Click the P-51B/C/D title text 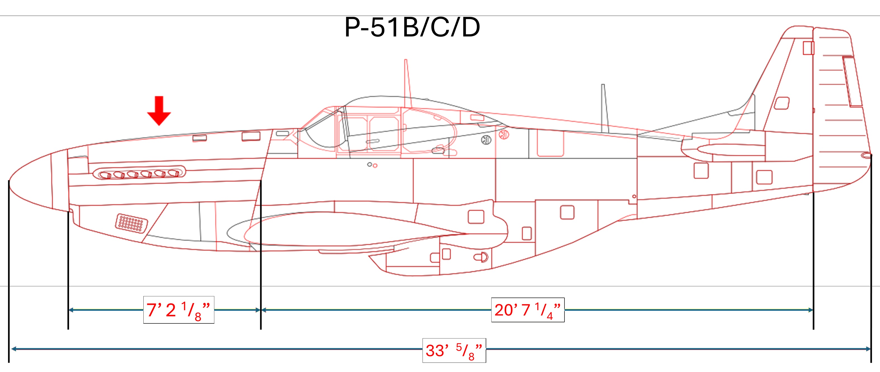coord(412,28)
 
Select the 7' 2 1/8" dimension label coord(178,310)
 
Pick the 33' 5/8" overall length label coord(454,351)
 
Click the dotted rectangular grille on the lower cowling coord(132,223)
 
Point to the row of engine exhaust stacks coord(139,173)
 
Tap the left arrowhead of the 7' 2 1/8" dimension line coord(71,310)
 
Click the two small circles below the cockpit coord(372,165)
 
